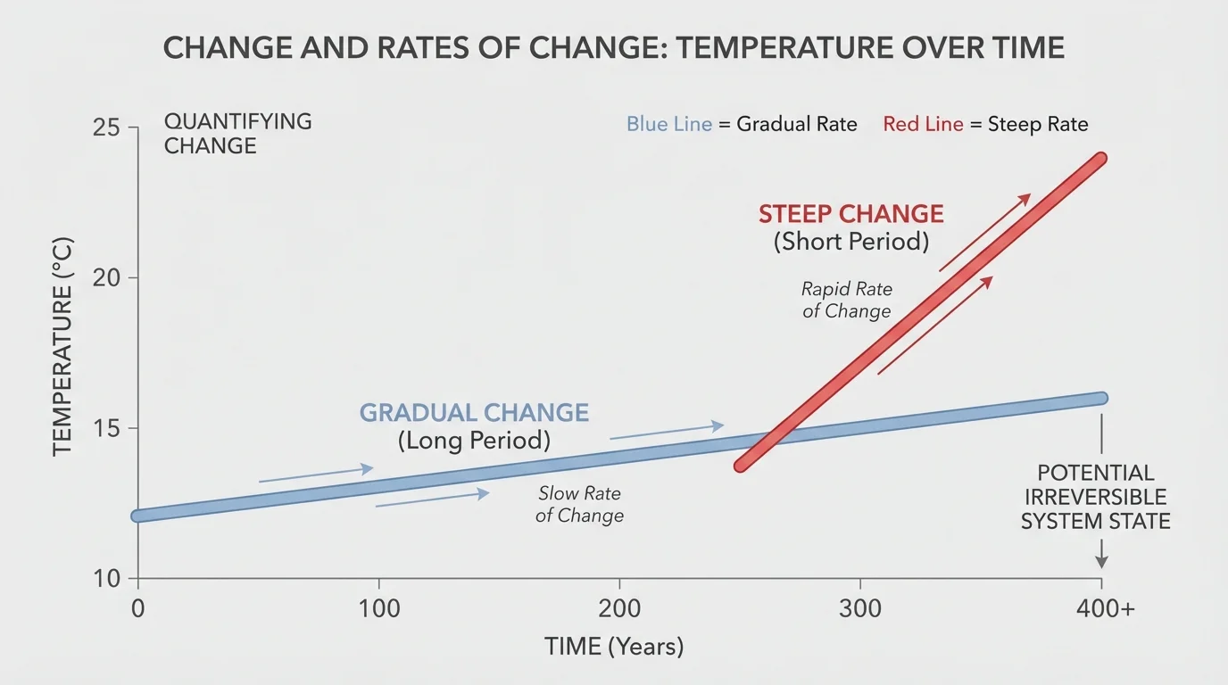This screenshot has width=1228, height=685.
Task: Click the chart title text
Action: [x=614, y=48]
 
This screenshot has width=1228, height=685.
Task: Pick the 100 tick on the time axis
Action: [x=378, y=609]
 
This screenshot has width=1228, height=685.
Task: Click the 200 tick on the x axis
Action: [x=619, y=609]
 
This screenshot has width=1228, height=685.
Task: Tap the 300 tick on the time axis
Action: [x=860, y=609]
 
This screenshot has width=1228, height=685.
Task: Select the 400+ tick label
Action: [x=1105, y=609]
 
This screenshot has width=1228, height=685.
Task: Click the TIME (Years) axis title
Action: [x=614, y=647]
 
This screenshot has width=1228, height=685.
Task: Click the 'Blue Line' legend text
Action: [x=668, y=124]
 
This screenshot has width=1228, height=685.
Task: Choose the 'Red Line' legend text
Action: [x=923, y=124]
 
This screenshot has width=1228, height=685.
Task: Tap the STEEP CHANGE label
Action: [x=850, y=214]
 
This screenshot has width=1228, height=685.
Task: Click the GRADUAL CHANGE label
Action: [x=474, y=413]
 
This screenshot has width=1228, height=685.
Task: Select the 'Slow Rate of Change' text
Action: [x=579, y=504]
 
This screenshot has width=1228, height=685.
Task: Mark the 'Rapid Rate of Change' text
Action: [x=846, y=300]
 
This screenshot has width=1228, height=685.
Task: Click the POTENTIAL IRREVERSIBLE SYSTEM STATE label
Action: [x=1095, y=497]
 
